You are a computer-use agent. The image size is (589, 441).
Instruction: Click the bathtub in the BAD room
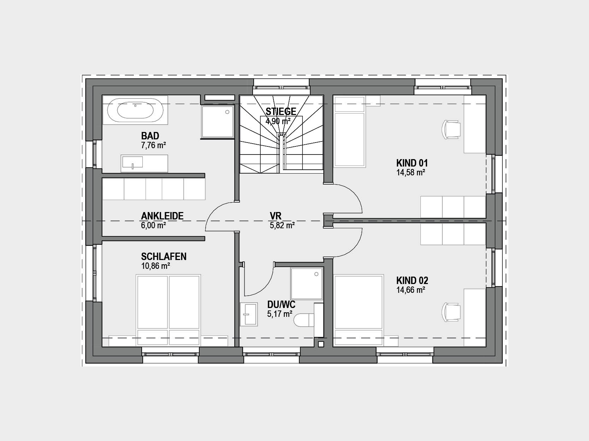point(135,110)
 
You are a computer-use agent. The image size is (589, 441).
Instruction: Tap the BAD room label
point(150,135)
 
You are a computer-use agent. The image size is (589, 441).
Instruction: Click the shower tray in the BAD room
point(218,122)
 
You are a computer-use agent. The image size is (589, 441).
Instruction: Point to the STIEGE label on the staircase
point(281,111)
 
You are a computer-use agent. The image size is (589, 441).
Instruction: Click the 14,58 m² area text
point(411,172)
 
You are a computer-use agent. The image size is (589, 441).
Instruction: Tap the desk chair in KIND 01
point(451,129)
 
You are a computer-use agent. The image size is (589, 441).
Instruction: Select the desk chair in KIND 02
point(451,312)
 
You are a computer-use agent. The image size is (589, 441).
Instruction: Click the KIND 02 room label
point(412,280)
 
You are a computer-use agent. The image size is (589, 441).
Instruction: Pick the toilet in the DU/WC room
point(304,320)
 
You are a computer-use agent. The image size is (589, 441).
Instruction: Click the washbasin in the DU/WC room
point(249,314)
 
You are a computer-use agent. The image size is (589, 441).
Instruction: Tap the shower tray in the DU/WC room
point(307,283)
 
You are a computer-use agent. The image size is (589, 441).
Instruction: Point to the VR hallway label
point(276,216)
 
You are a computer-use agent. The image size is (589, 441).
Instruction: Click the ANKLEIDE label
point(162,216)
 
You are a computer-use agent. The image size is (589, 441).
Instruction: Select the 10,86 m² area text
point(155,266)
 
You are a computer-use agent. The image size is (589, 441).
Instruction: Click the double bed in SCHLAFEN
point(169,310)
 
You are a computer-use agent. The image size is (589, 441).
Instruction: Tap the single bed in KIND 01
point(349,132)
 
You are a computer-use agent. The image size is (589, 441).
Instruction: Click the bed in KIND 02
point(359,310)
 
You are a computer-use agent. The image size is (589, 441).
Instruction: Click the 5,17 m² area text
point(279,314)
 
